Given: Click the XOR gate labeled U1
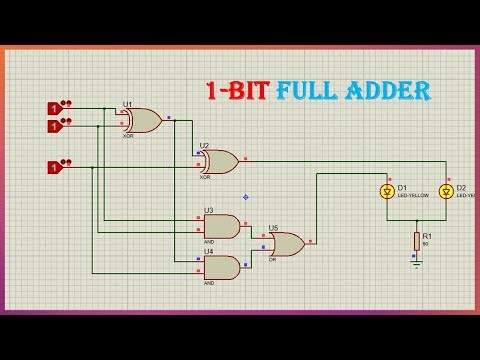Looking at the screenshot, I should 142,120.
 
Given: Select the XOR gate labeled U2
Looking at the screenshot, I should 219,161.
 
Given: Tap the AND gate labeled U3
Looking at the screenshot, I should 221,226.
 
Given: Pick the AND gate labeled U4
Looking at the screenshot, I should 221,267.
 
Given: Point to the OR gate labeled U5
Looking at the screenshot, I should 288,242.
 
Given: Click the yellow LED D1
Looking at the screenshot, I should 386,191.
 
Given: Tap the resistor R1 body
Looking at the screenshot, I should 416,240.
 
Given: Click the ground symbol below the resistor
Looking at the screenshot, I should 416,264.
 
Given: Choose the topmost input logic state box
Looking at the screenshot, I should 53,107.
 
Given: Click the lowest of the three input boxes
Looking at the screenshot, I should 53,167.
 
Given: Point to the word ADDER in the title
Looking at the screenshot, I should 392,92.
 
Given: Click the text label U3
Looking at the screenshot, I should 208,210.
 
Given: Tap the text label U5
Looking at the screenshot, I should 273,228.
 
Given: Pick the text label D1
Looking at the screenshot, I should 401,187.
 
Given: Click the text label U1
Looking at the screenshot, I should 127,103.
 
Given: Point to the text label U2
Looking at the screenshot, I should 204,145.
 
